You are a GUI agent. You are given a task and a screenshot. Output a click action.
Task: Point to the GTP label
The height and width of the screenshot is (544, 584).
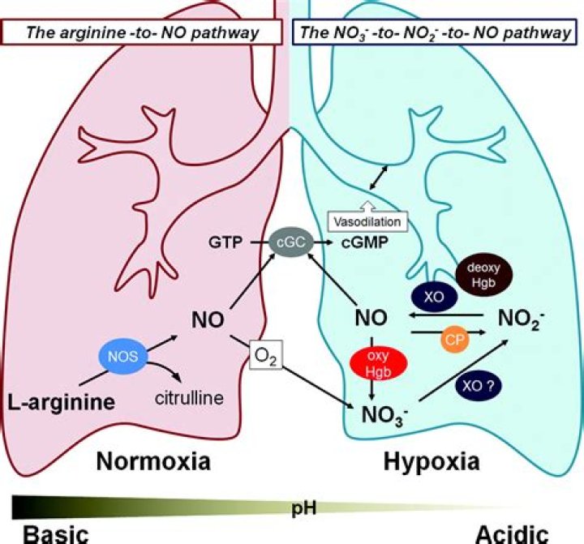221,242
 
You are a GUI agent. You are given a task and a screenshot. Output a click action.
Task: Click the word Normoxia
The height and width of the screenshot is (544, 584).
153,462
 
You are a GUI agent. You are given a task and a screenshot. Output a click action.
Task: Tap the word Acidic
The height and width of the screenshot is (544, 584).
511,533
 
